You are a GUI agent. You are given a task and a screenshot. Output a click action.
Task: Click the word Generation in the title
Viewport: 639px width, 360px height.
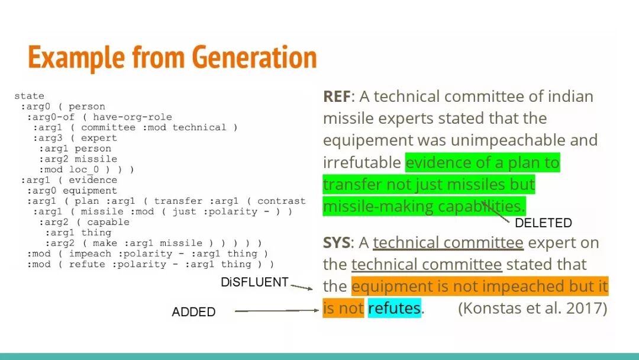(254, 57)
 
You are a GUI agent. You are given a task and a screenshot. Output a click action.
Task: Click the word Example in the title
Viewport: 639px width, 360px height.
(76, 58)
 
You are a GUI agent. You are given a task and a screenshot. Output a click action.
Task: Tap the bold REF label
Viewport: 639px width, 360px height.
(337, 97)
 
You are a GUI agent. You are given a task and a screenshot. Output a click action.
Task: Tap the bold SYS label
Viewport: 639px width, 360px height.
(336, 243)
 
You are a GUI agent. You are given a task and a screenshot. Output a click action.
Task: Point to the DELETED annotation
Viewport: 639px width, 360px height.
(543, 223)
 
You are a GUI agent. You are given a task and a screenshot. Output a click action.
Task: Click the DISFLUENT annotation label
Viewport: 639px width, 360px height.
(254, 282)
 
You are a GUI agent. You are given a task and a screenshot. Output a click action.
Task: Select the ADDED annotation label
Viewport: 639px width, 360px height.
(193, 312)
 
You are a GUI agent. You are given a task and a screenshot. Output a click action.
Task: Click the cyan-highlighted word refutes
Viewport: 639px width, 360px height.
(394, 308)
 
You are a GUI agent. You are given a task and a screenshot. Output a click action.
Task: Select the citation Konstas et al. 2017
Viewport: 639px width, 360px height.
(532, 308)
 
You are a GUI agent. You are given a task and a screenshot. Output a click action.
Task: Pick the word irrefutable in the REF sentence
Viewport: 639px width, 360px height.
(362, 162)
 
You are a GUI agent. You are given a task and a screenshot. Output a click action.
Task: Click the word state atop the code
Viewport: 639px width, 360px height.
(30, 97)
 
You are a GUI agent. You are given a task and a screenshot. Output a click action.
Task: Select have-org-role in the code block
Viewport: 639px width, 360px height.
(133, 117)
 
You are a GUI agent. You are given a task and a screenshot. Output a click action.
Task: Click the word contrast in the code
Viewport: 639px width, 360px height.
(281, 201)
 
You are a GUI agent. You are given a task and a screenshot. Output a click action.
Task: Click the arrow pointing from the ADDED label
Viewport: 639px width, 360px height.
(277, 311)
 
